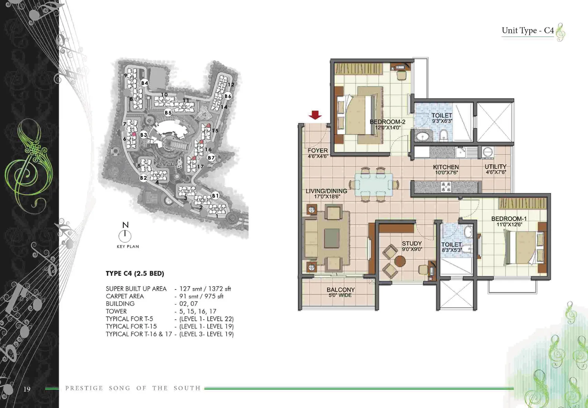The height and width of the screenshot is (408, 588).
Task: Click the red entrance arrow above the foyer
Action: coord(315,115)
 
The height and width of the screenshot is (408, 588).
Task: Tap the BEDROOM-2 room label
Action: coord(387,122)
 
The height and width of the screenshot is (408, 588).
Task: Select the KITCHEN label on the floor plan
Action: coord(446,167)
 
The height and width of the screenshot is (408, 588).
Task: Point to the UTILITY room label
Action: coord(495,166)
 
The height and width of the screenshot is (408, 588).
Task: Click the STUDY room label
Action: coord(412,243)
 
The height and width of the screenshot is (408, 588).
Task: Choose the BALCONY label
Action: coord(341,289)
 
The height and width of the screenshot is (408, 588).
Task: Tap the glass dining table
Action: coord(374,185)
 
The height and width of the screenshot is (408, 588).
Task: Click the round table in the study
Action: coord(400,261)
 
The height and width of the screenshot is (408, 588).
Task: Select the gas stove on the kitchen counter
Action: coord(446,187)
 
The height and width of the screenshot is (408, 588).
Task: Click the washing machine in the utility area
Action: coord(488,152)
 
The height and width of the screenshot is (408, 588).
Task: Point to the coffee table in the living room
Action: coord(332,238)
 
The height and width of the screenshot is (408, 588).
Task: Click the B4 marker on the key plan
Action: coord(145,83)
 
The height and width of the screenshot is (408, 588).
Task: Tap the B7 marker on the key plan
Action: coord(211,158)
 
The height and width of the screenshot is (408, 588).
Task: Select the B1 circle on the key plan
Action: coord(215,196)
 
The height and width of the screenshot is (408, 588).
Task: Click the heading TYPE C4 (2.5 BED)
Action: coord(135,273)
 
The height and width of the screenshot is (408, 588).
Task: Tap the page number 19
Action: coord(27,389)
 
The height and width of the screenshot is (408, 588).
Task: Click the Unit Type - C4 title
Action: coord(528,31)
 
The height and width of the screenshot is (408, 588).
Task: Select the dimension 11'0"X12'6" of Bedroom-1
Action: coord(509,225)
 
